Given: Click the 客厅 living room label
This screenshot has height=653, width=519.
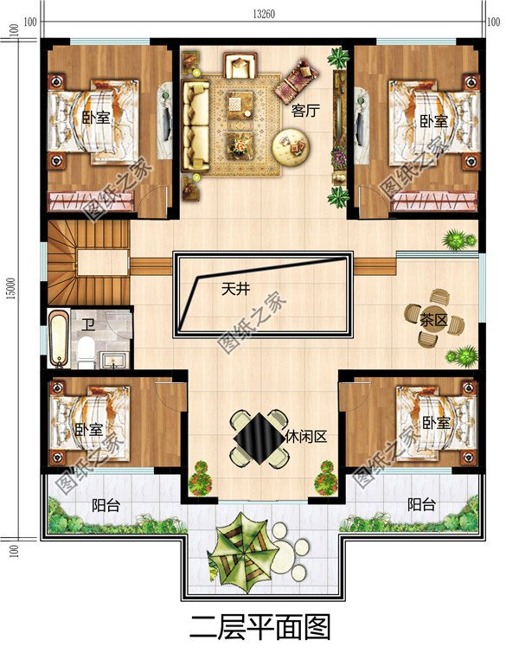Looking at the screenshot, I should (302, 111).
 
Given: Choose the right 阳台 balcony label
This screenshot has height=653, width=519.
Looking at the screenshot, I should (421, 505).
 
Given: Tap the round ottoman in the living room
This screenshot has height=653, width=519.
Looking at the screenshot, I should (290, 145).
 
